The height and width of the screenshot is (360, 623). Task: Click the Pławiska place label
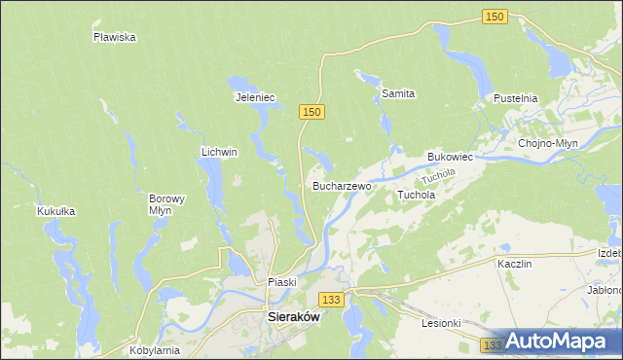tap(114, 37)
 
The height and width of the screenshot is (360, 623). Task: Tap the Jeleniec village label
tap(256, 97)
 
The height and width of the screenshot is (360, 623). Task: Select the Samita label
tap(398, 94)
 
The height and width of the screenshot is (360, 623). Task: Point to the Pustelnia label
tap(516, 99)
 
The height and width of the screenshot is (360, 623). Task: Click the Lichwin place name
tap(219, 152)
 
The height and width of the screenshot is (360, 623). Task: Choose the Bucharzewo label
tap(342, 185)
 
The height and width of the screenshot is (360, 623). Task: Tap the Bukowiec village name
tap(450, 157)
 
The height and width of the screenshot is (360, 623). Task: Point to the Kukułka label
tap(55, 210)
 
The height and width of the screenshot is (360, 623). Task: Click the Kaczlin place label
tap(513, 264)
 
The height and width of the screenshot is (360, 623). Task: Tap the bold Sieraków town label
tap(293, 316)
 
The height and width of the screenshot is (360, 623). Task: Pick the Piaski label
tap(281, 282)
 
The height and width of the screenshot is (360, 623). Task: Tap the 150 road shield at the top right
tap(495, 17)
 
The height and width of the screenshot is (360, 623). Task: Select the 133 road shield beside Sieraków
tap(332, 301)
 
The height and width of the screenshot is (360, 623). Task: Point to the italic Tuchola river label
tap(439, 178)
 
